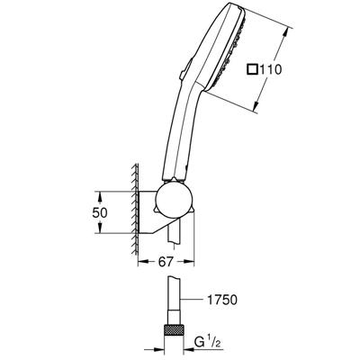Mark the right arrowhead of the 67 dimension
[192, 261]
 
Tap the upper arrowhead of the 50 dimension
[97, 192]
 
